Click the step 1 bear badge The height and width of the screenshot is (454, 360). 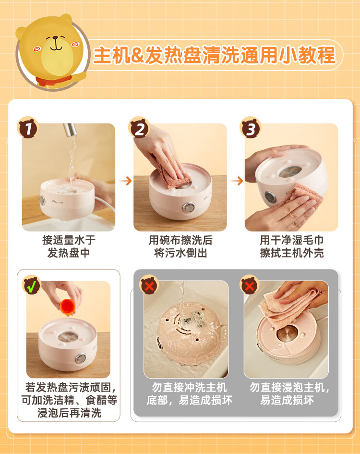coord(28,128)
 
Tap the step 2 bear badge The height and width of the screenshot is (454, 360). coord(139,128)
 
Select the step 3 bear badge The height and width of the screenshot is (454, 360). coord(251,128)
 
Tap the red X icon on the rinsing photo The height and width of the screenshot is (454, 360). coord(149,285)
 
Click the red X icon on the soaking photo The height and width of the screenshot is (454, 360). coord(249,285)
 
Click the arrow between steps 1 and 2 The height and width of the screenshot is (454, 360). coord(125,181)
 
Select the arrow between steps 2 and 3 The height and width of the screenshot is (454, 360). coord(237,181)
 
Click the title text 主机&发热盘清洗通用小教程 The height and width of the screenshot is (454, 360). coord(215,55)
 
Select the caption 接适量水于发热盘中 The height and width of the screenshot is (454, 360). coord(69,246)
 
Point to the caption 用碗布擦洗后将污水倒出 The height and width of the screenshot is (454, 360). coord(180,246)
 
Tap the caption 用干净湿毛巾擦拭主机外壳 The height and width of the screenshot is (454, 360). coord(292,246)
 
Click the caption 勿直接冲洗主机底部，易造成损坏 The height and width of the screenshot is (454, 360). coord(189,394)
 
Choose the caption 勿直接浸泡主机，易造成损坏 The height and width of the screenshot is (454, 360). coord(289,394)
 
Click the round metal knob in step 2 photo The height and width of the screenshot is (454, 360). coord(189,207)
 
